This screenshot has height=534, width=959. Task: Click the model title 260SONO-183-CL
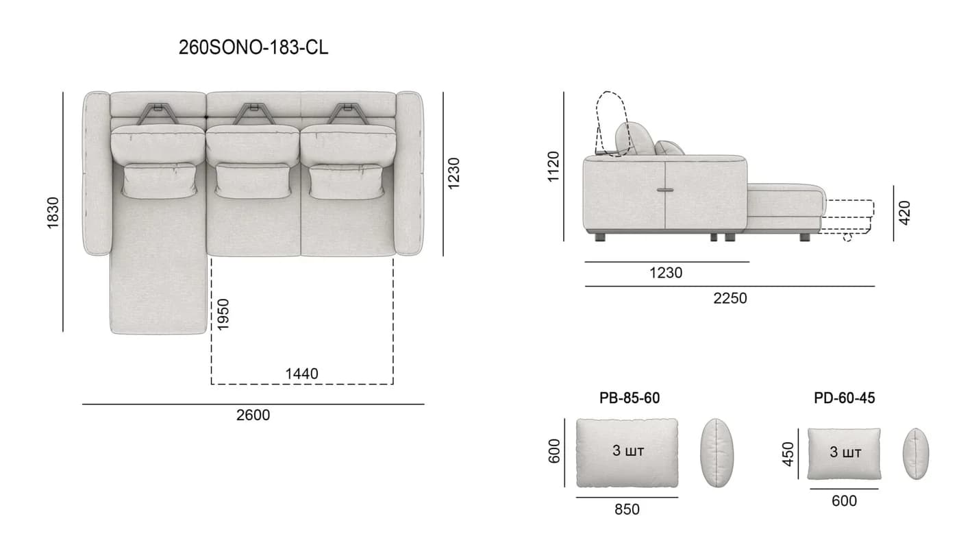253,47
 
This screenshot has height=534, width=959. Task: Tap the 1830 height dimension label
53,213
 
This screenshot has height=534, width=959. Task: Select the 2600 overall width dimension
253,415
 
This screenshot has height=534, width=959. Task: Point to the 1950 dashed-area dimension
223,315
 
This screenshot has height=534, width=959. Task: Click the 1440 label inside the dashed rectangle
301,374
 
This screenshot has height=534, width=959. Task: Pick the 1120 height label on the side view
553,167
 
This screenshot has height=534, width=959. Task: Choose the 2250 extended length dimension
730,298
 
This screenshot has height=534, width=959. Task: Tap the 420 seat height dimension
905,213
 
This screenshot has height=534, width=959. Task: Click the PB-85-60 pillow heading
630,398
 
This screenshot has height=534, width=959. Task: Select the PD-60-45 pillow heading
844,398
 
